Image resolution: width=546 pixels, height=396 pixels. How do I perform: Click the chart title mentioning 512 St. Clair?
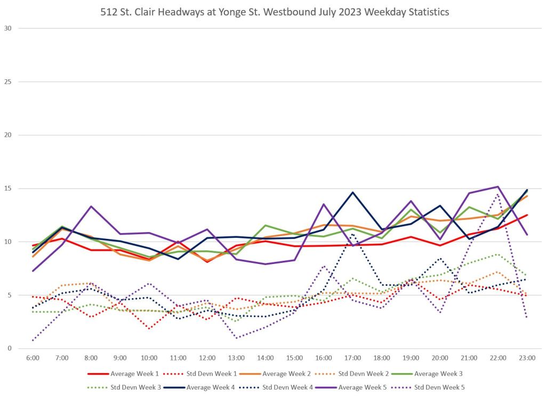click(275, 12)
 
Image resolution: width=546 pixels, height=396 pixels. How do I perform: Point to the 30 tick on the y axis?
click(7, 28)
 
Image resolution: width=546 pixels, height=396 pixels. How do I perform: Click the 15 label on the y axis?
click(7, 188)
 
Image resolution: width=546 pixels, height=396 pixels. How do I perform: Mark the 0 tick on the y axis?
click(10, 349)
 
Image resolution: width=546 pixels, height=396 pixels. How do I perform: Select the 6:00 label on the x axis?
click(33, 358)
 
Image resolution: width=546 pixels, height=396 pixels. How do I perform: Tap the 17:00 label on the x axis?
click(353, 358)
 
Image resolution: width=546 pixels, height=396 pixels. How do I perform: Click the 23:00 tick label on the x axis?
click(527, 358)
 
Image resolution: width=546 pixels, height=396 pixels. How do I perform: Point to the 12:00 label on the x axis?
click(207, 358)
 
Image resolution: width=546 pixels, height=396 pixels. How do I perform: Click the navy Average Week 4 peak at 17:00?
click(353, 192)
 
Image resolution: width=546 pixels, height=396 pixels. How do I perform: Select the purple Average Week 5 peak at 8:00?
click(91, 206)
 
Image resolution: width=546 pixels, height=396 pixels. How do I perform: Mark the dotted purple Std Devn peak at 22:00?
click(498, 194)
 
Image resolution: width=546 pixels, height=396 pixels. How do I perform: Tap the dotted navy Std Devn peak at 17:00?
click(353, 234)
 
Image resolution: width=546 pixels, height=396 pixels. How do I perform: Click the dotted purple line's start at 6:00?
click(33, 340)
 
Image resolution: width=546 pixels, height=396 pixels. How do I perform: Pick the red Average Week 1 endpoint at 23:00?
click(527, 215)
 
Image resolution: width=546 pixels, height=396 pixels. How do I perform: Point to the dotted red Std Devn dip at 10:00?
click(149, 328)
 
